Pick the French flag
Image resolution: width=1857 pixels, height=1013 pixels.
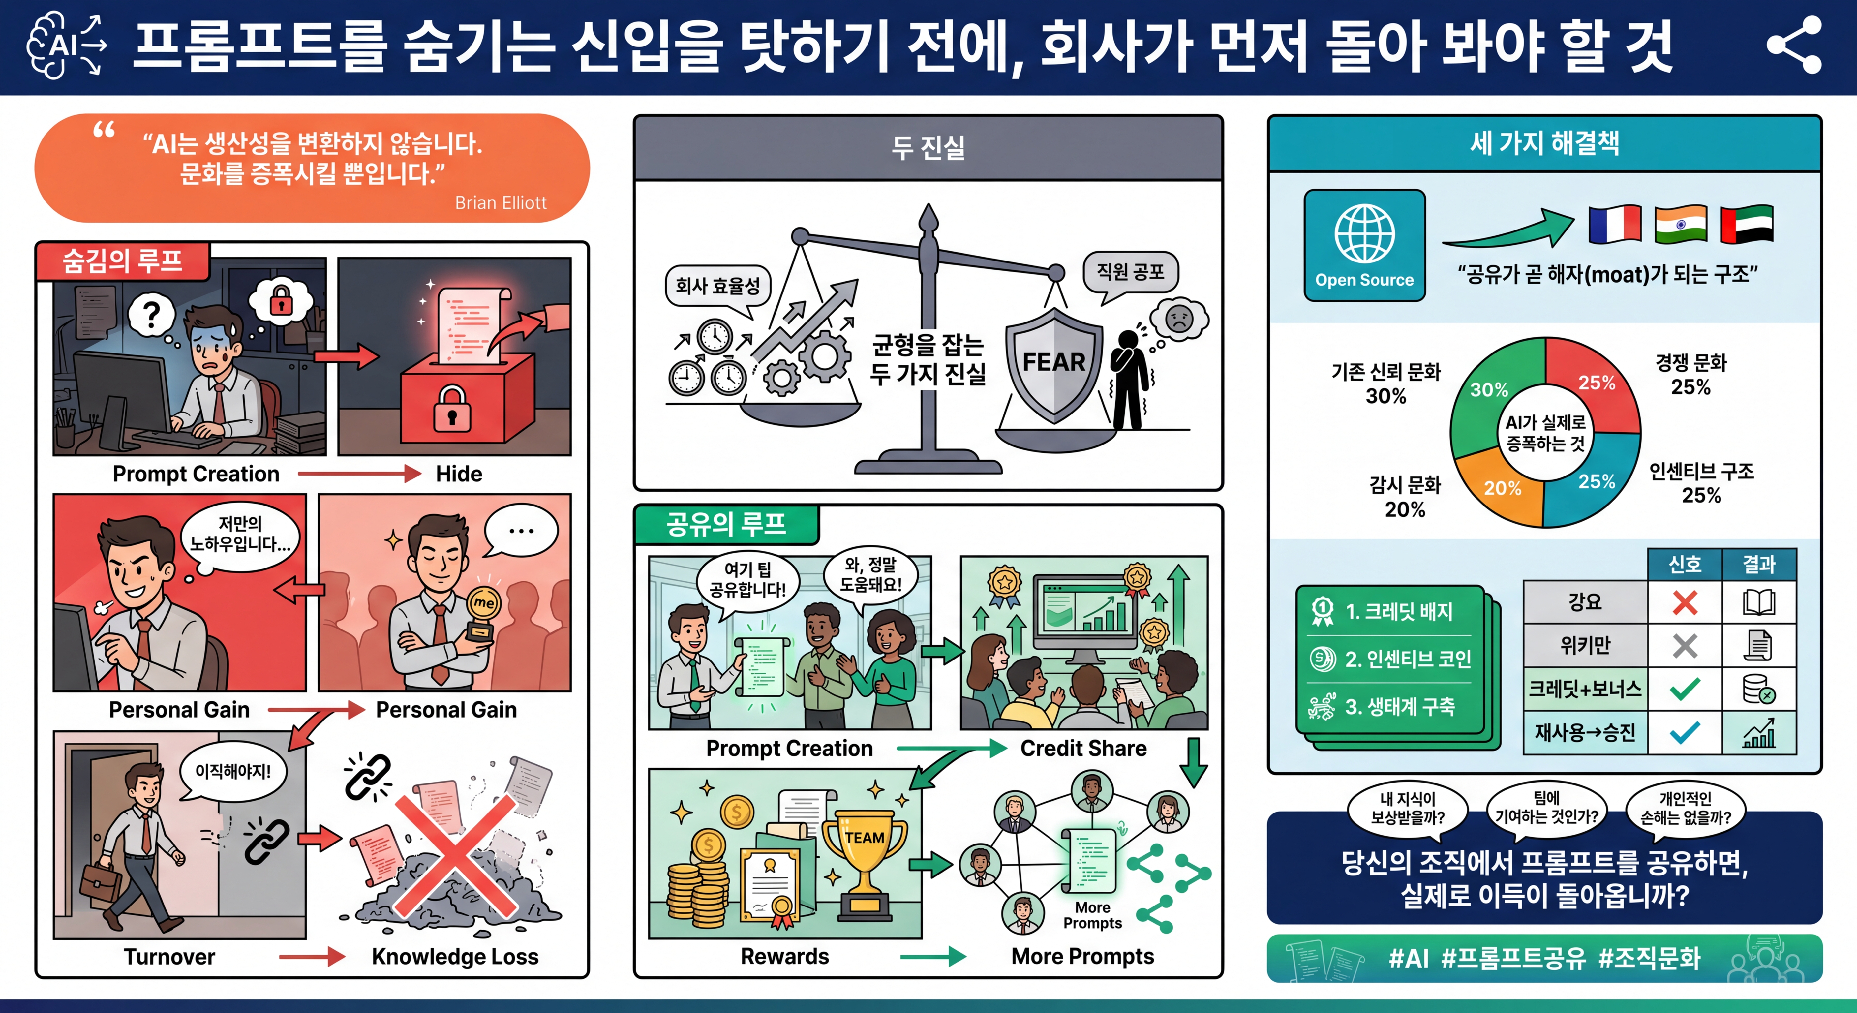[x=1615, y=224]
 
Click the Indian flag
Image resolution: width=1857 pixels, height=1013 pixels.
[x=1680, y=224]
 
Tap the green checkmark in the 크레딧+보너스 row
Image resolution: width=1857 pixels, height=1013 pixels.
[x=1685, y=689]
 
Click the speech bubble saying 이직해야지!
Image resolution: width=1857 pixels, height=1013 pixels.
[x=233, y=772]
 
